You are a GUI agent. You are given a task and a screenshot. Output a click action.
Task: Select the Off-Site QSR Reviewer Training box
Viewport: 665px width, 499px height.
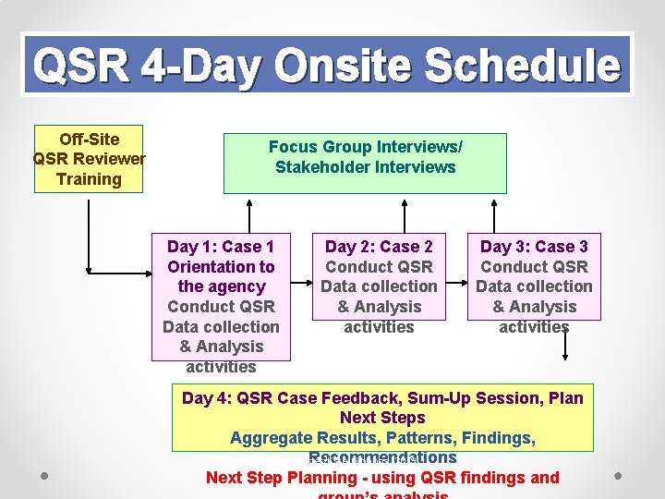click(x=90, y=159)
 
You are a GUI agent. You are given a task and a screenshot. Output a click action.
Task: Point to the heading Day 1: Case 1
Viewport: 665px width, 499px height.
click(x=221, y=247)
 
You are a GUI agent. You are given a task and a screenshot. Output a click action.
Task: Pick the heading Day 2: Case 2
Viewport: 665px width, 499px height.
click(x=379, y=247)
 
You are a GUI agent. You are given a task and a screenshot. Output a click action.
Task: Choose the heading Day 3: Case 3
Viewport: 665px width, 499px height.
click(x=534, y=247)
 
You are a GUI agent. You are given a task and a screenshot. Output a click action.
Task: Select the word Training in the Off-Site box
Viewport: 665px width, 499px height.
click(x=89, y=179)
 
